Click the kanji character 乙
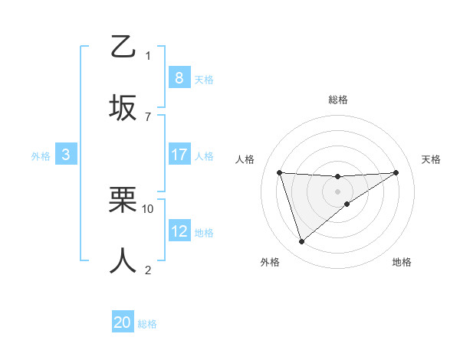pos(123,47)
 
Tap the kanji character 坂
pos(123,107)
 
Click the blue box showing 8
pos(179,77)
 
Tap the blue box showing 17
pos(179,155)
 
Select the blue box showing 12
pos(179,231)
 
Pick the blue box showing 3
pos(66,155)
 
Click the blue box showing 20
pos(123,322)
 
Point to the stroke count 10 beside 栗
pos(148,208)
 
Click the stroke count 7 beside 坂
pos(148,116)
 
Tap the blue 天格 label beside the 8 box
pos(204,79)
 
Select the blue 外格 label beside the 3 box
pos(41,156)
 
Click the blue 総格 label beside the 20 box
pos(147,324)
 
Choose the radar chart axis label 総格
pos(337,100)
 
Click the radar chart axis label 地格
pos(402,263)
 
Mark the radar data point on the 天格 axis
pos(396,172)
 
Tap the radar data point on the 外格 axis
pos(301,242)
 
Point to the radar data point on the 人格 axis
pos(280,172)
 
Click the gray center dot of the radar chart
pos(337,191)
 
